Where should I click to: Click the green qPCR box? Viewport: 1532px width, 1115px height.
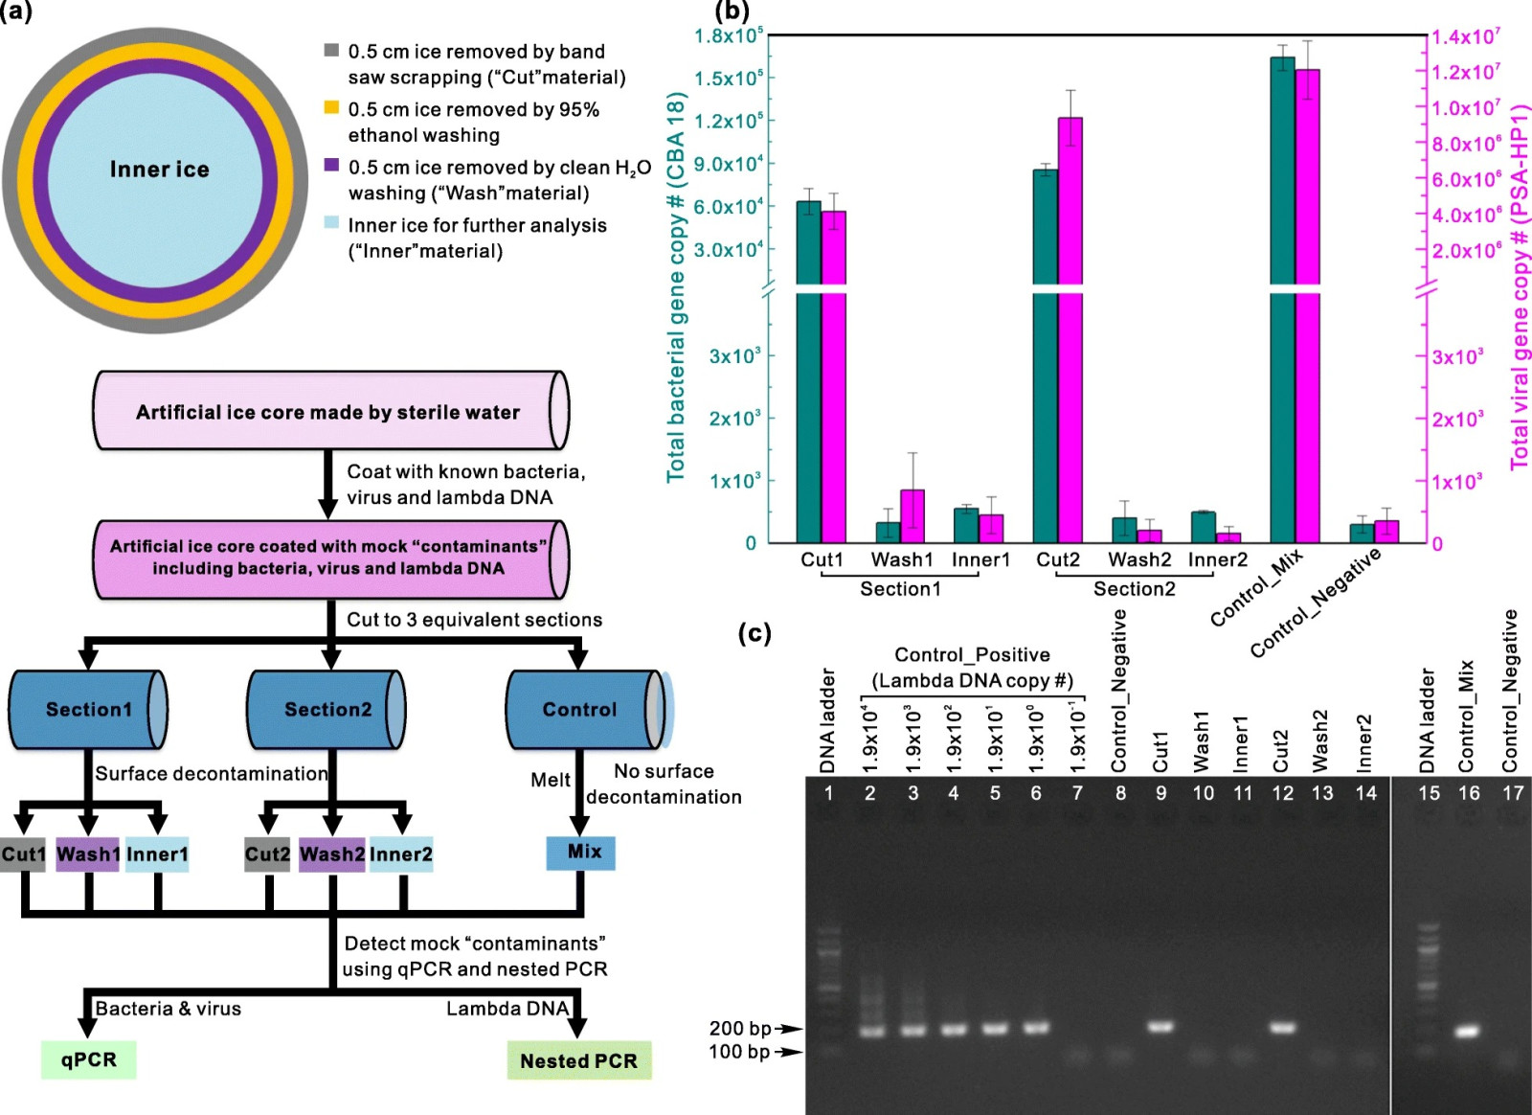(88, 1059)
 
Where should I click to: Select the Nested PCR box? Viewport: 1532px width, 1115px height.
(578, 1060)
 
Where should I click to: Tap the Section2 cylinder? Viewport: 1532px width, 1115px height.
(327, 710)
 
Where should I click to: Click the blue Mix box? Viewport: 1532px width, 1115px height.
(580, 853)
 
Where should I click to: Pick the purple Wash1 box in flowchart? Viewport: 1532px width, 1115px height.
(87, 854)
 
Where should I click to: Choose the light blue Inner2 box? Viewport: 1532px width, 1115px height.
(401, 854)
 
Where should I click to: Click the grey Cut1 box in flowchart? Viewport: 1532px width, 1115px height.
(23, 854)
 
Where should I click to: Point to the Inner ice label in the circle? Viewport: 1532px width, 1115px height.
(159, 169)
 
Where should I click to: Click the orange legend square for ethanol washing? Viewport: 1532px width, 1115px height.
(331, 107)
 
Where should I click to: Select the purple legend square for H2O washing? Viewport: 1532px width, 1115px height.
(331, 165)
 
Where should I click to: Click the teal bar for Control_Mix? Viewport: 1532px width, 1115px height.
(1282, 300)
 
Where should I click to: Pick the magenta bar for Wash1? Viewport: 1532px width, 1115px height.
(912, 516)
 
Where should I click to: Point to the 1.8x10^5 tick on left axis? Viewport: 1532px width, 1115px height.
(729, 35)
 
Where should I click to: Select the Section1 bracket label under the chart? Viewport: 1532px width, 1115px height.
(900, 589)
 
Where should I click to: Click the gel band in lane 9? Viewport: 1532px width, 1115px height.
(1160, 1026)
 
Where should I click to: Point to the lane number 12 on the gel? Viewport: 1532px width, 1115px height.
(1282, 793)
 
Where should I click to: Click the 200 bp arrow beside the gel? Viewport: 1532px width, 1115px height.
(789, 1028)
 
